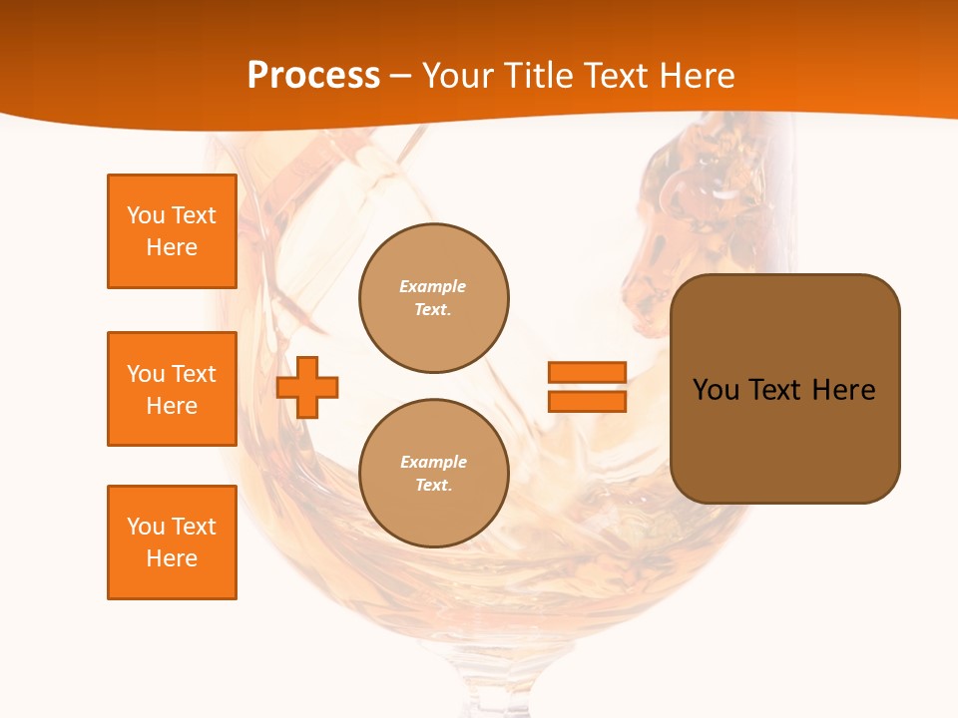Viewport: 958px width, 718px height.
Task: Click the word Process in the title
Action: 313,76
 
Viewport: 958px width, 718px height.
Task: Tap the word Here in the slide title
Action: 695,76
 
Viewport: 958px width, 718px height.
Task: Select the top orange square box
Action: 172,231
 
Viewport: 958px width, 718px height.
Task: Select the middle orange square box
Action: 172,389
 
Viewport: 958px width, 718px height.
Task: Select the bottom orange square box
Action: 172,542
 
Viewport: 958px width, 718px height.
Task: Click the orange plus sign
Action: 307,387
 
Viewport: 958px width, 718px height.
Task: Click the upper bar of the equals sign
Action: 587,372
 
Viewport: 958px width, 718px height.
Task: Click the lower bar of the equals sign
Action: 587,401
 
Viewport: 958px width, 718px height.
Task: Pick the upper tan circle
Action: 434,298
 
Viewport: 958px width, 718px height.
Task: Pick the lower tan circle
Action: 434,474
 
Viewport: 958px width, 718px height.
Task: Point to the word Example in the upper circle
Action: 433,286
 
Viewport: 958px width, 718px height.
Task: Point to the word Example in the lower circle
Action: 433,462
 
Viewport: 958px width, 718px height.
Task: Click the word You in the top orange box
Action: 146,215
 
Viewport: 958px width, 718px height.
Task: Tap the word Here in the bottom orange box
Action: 172,558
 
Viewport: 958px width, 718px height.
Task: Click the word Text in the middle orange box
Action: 194,374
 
